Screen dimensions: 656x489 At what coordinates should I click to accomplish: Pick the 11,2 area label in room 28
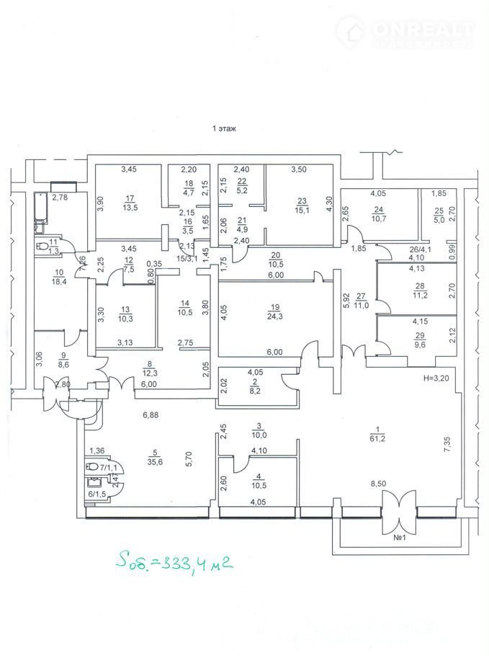[x=421, y=295]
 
